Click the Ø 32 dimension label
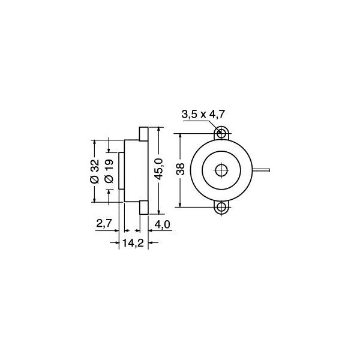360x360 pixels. (x=94, y=171)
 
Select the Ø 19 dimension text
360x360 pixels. (x=109, y=171)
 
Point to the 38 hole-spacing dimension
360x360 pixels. (x=180, y=170)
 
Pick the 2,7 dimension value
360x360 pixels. (x=104, y=224)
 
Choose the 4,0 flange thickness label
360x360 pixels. (x=163, y=224)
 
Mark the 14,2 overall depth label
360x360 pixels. (x=132, y=242)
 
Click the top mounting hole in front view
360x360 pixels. (x=222, y=133)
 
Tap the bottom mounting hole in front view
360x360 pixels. (x=222, y=208)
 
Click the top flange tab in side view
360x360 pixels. (x=143, y=133)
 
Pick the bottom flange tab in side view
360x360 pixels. (x=143, y=207)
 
